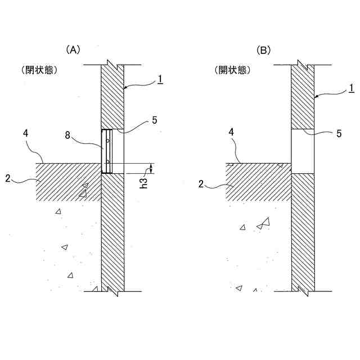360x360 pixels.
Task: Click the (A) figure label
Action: pyautogui.click(x=74, y=50)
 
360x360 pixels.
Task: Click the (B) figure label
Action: pyautogui.click(x=264, y=50)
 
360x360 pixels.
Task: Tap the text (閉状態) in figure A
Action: pyautogui.click(x=40, y=71)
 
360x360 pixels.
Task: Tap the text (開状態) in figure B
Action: pyautogui.click(x=232, y=71)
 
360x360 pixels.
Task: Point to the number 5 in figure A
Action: pyautogui.click(x=155, y=120)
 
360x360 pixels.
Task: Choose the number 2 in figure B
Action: pyautogui.click(x=201, y=183)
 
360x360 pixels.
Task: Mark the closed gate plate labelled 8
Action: pyautogui.click(x=106, y=151)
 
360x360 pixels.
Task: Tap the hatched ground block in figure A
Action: pyautogui.click(x=67, y=181)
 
